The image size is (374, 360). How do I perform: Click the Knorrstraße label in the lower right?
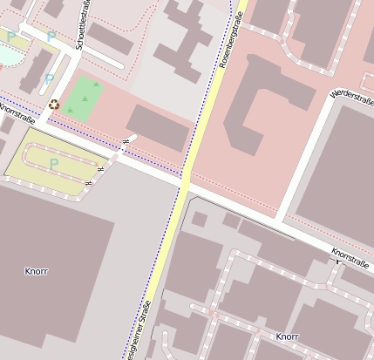pyautogui.click(x=351, y=256)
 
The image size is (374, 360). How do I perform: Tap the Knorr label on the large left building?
pyautogui.click(x=37, y=271)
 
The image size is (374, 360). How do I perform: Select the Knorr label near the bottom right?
pyautogui.click(x=287, y=336)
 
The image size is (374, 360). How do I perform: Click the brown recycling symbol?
pyautogui.click(x=54, y=105)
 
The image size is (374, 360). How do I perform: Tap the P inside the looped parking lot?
pyautogui.click(x=54, y=163)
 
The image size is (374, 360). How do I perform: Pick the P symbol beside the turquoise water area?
pyautogui.click(x=11, y=37)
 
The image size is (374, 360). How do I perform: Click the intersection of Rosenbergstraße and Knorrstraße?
pyautogui.click(x=186, y=183)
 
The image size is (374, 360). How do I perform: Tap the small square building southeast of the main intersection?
pyautogui.click(x=200, y=219)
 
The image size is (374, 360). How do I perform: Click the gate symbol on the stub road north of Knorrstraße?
pyautogui.click(x=127, y=140)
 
